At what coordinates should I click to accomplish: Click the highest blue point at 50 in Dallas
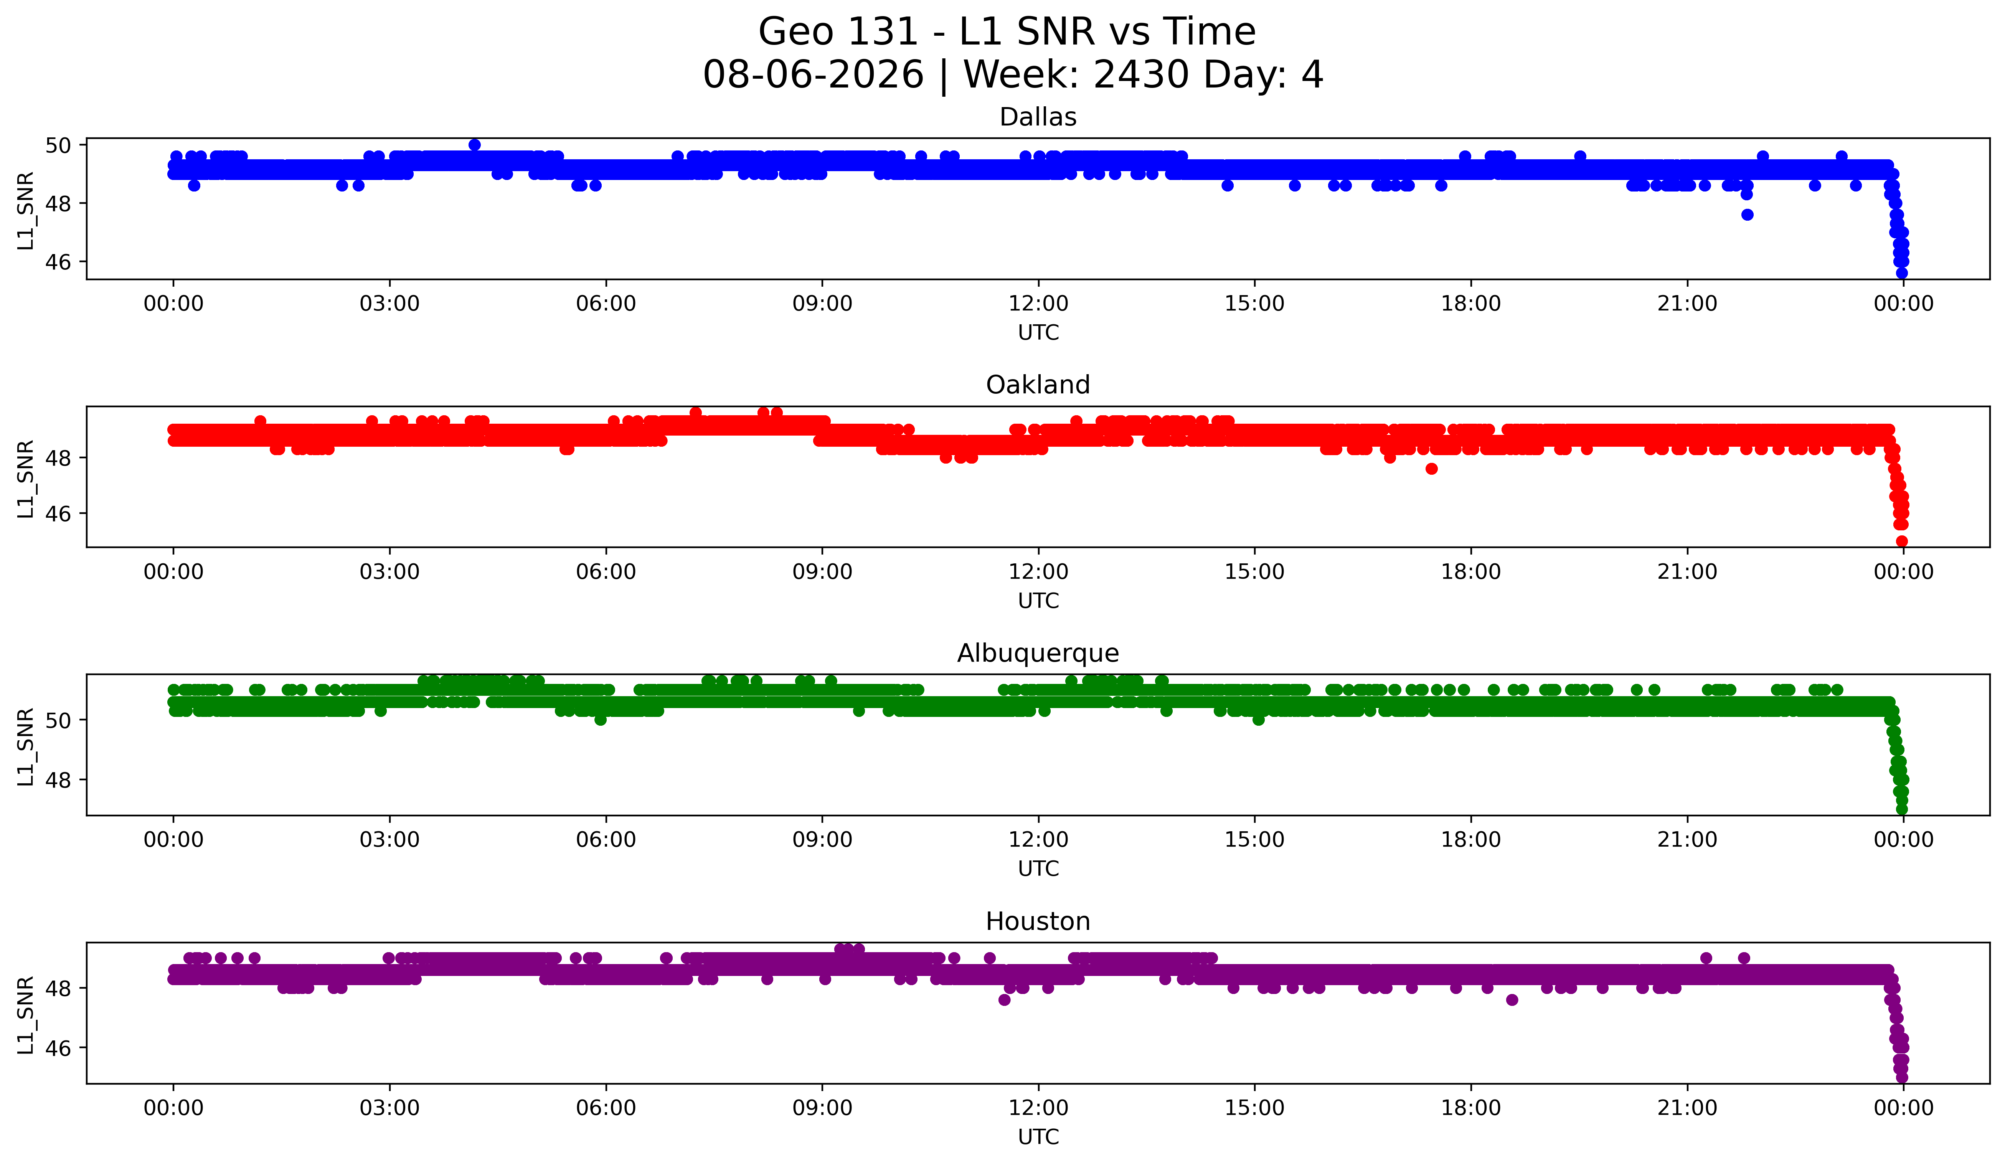point(475,145)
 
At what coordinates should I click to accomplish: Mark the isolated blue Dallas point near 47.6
point(1747,215)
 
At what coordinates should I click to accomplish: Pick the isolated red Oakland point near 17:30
point(1431,469)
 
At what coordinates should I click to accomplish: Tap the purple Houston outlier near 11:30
point(1004,1000)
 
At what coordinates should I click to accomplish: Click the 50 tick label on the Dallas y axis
point(59,145)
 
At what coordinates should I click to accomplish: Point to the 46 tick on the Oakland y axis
point(59,514)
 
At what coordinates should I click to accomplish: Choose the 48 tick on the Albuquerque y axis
point(59,781)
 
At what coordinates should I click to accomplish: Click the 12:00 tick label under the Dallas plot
point(1038,304)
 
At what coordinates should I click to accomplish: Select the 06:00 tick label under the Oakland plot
point(606,572)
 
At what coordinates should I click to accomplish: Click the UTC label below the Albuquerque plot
point(1038,869)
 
